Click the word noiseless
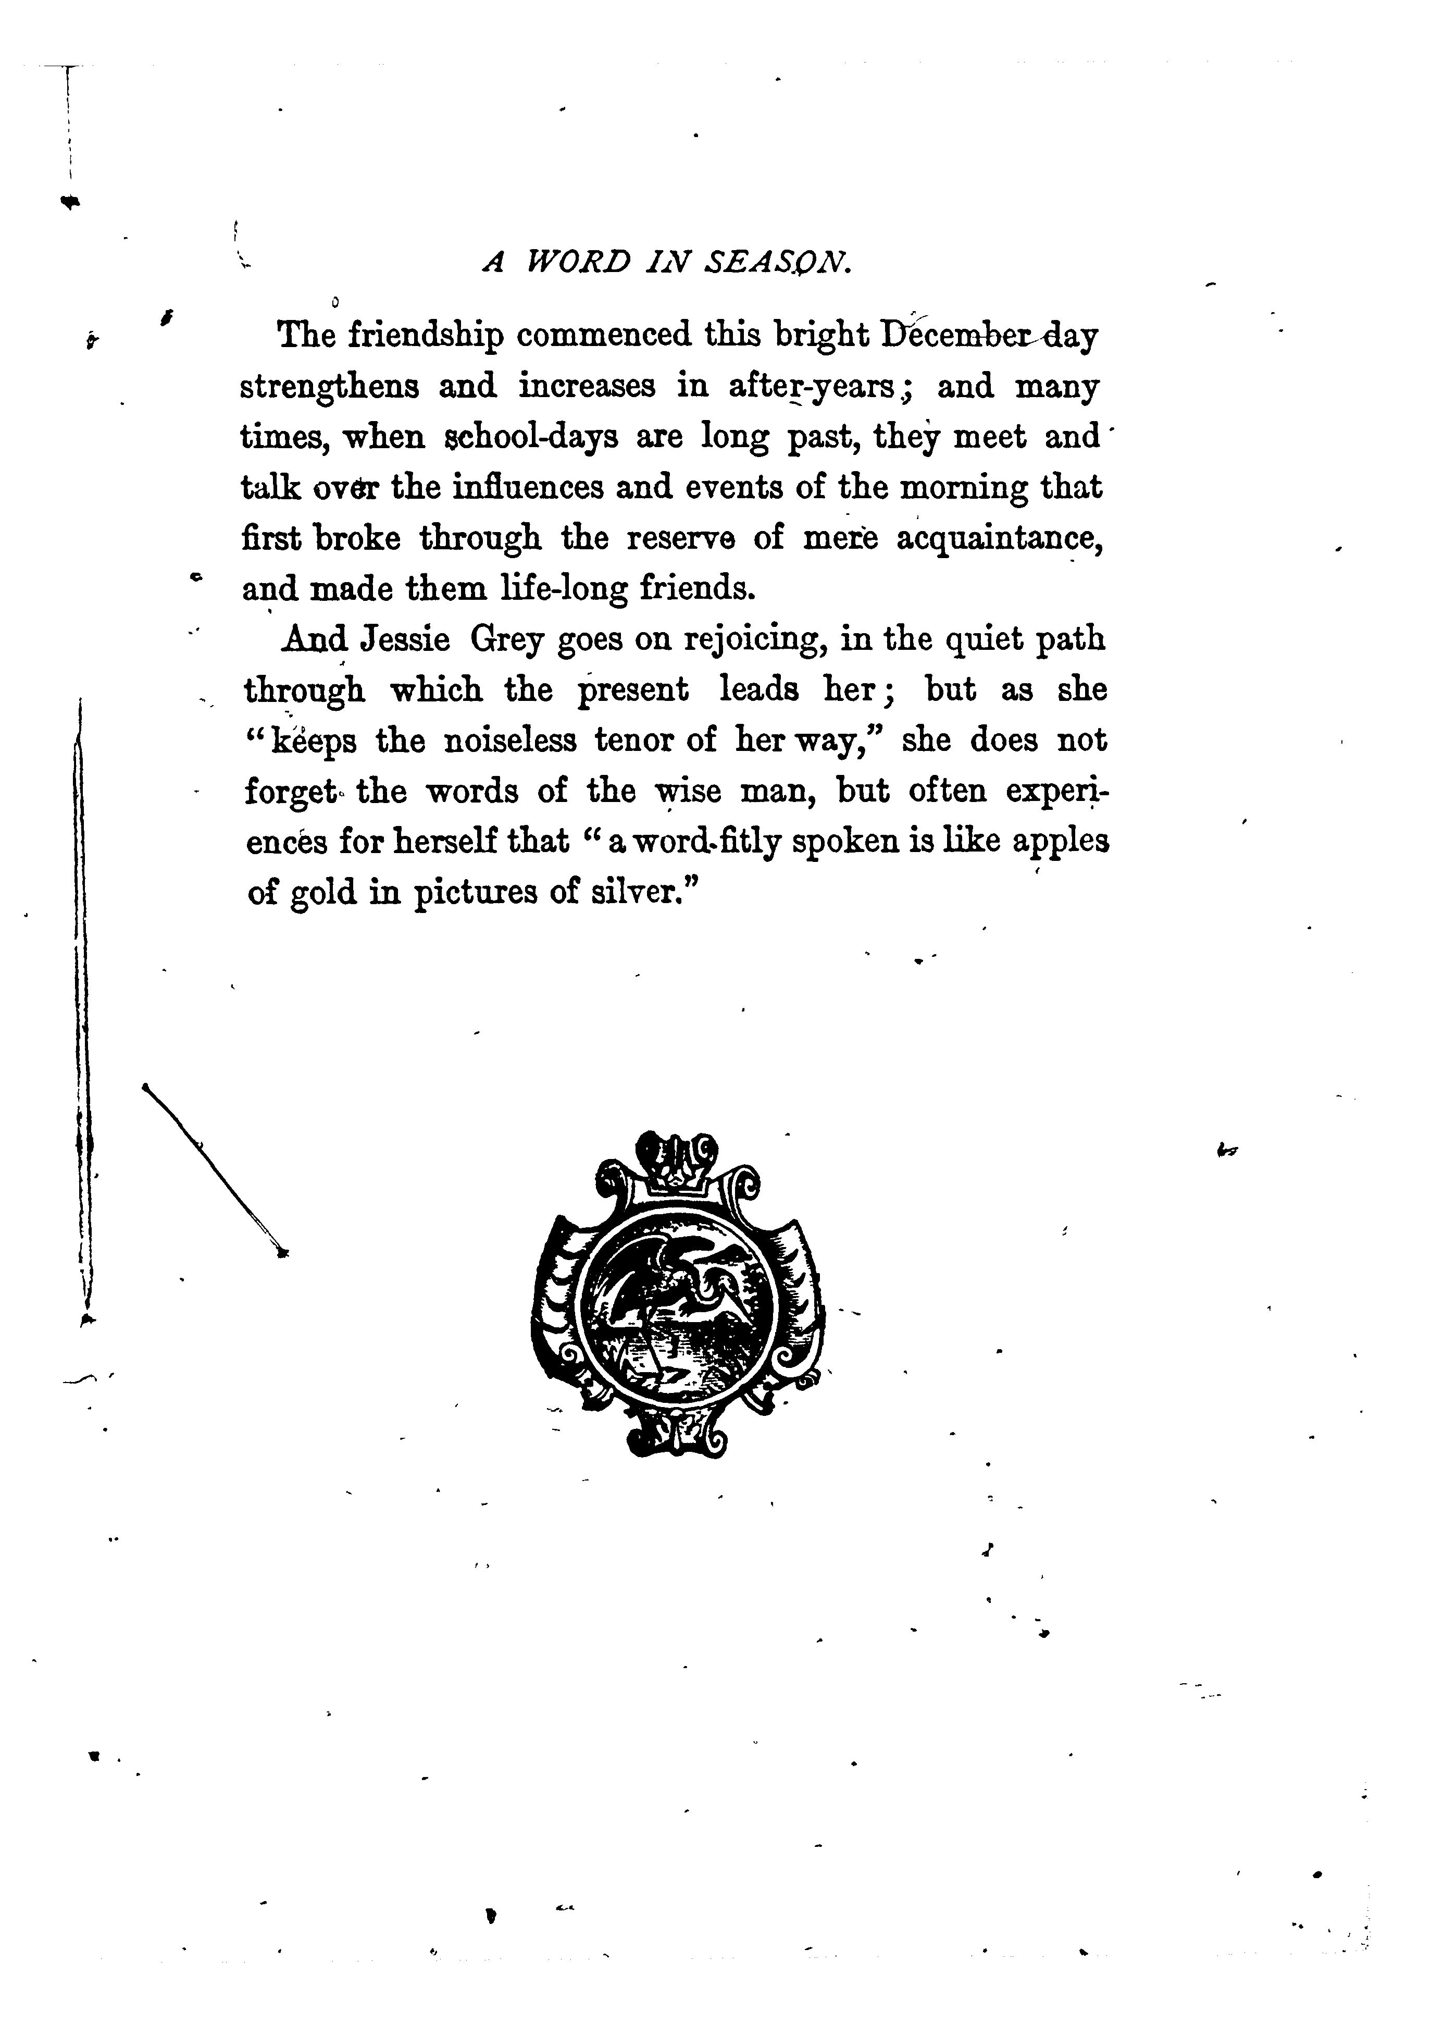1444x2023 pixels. point(509,741)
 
